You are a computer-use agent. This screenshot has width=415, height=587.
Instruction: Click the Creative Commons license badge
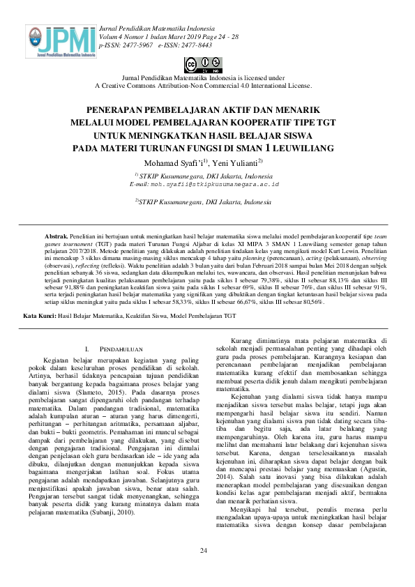point(203,65)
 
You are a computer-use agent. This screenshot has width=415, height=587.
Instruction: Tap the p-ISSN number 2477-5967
point(134,44)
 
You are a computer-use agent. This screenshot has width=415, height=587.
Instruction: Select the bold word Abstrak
point(57,237)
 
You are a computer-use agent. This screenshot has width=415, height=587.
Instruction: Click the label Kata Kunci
point(40,316)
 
